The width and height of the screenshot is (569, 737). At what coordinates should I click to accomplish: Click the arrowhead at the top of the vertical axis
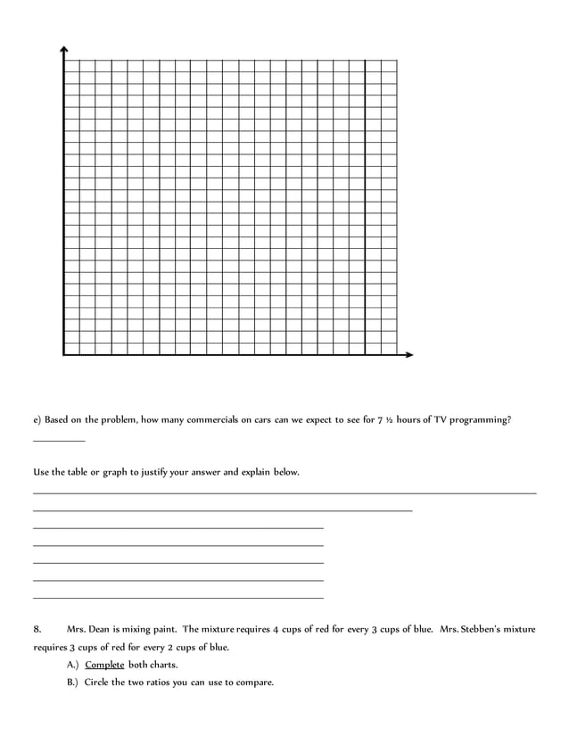click(x=63, y=50)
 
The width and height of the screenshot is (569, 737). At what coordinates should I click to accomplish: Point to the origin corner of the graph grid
click(x=63, y=355)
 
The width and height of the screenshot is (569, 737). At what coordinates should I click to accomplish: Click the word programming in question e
click(x=479, y=419)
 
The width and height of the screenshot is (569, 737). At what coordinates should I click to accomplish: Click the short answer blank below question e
click(x=59, y=439)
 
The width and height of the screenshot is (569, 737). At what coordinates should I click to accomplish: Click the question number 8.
click(x=37, y=629)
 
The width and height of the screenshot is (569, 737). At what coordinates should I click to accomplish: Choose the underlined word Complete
click(x=104, y=665)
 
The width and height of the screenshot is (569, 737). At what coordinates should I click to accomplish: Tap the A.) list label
click(x=72, y=665)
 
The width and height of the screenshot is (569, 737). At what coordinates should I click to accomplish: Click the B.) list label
click(x=72, y=683)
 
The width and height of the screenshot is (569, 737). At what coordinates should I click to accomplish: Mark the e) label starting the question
click(x=37, y=419)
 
